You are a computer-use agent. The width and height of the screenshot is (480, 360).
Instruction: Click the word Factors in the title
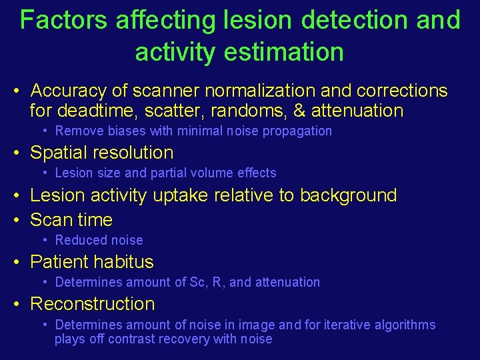pyautogui.click(x=64, y=20)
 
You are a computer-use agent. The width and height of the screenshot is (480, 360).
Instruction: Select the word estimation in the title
pyautogui.click(x=288, y=51)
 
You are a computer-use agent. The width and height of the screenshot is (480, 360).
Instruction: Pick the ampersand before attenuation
pyautogui.click(x=299, y=111)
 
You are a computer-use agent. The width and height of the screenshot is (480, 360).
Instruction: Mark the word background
pyautogui.click(x=348, y=195)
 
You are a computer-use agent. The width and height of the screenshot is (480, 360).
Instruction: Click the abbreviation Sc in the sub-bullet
pyautogui.click(x=197, y=282)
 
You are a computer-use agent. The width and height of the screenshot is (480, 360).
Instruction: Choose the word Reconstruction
pyautogui.click(x=93, y=304)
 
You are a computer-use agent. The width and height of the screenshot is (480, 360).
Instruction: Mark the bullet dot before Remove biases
pyautogui.click(x=45, y=131)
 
